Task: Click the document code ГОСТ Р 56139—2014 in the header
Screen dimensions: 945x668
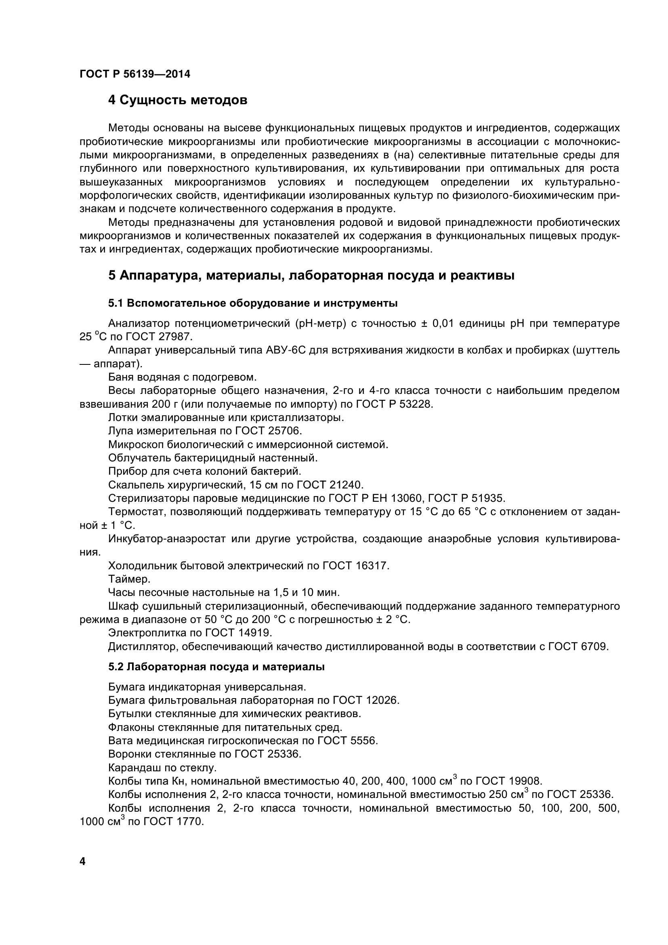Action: (x=135, y=74)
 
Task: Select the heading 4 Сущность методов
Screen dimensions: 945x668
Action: (x=178, y=100)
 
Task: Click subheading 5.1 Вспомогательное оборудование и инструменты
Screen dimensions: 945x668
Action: (x=252, y=304)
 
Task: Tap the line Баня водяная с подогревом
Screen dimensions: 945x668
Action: (x=182, y=377)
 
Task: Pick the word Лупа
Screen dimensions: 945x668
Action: (x=120, y=431)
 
